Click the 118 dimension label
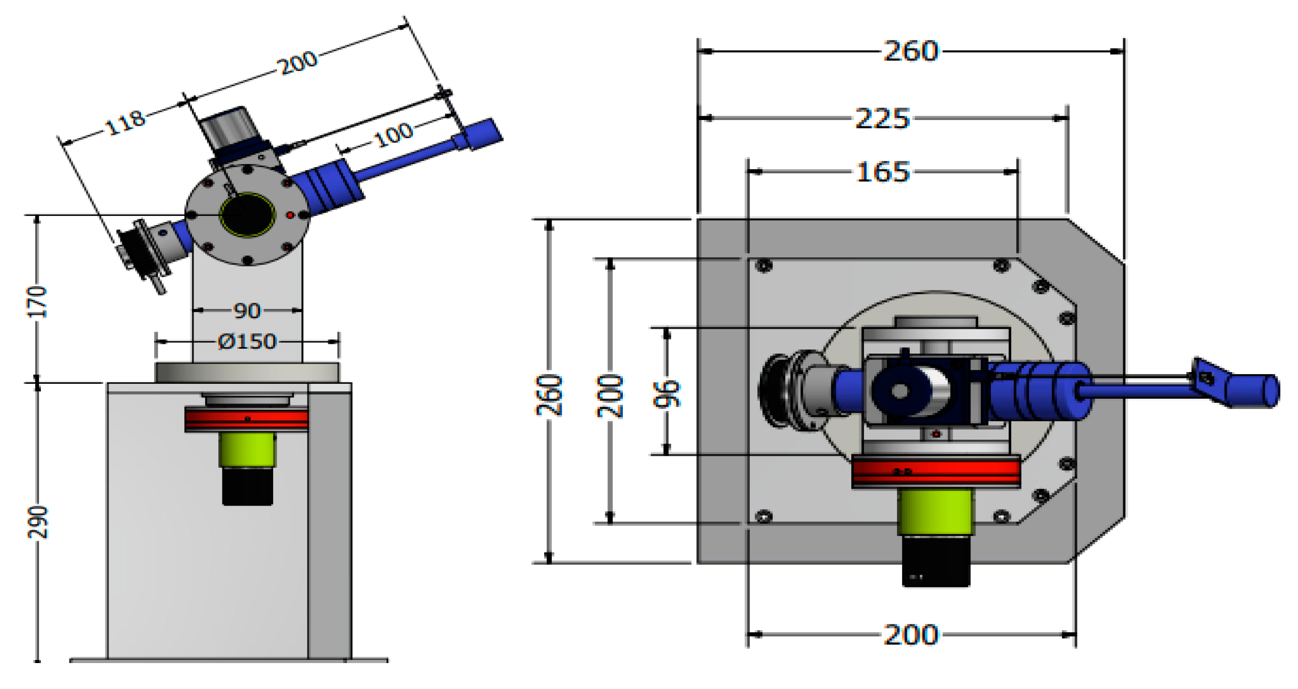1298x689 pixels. [125, 123]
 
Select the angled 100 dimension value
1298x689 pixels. [394, 134]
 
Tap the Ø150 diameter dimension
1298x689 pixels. [247, 342]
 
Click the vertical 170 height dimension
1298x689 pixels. [37, 302]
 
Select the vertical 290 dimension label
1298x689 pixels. [37, 522]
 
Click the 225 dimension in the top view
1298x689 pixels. [882, 119]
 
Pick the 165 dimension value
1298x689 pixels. [882, 172]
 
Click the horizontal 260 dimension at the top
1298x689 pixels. [911, 51]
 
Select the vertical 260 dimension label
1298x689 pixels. [549, 395]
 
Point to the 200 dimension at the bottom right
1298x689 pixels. [911, 634]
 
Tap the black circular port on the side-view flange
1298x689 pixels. [247, 215]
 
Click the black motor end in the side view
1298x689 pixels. [247, 486]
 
